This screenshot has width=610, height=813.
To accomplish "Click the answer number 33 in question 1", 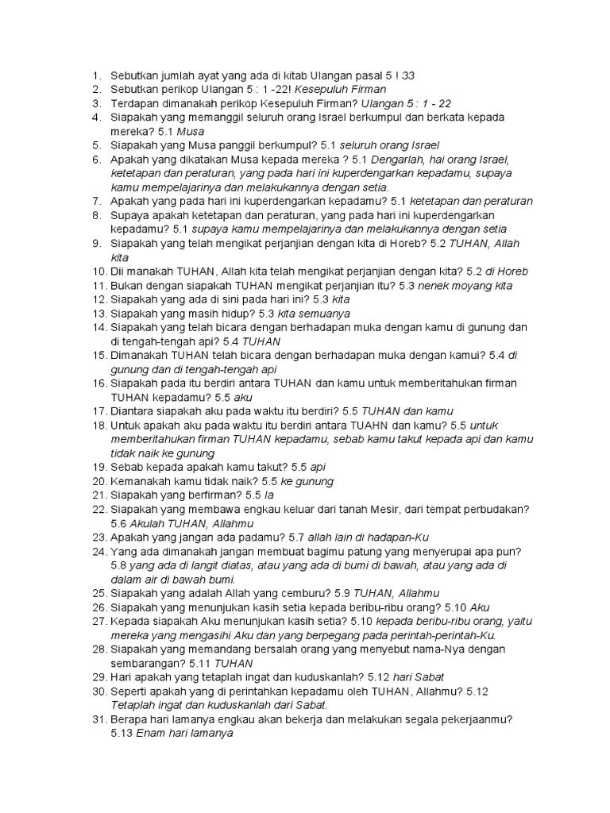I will [408, 75].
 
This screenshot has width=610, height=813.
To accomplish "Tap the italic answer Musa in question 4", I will [191, 131].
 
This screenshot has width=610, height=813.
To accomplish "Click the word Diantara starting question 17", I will [137, 410].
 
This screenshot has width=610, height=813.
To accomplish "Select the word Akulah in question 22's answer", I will [150, 523].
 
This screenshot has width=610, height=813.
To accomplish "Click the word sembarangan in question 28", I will [146, 663].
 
